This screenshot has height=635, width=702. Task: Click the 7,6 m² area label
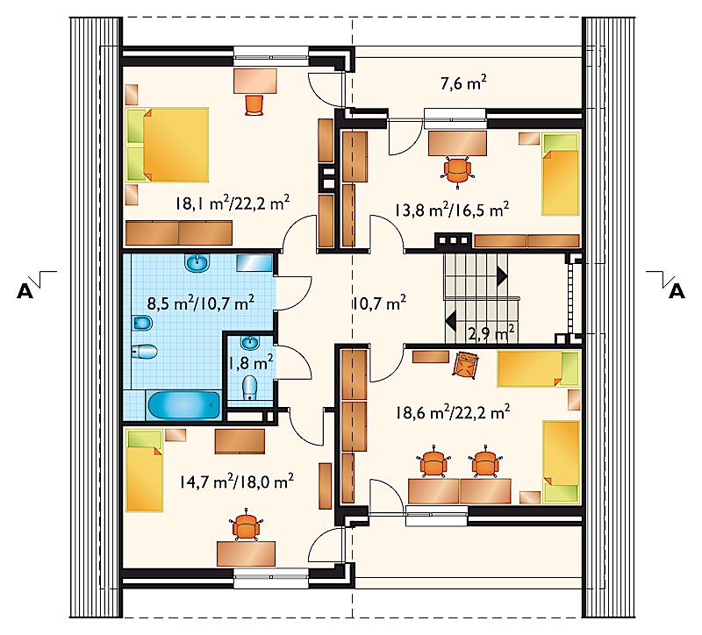tap(463, 83)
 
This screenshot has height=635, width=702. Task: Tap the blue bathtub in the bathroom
tap(184, 406)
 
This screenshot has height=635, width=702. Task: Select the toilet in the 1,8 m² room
tap(249, 388)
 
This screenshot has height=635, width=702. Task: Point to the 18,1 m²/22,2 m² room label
tap(233, 203)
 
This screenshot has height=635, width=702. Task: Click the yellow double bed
tap(168, 145)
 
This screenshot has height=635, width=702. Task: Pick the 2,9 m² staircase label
tap(491, 333)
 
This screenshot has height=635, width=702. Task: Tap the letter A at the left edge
tap(25, 291)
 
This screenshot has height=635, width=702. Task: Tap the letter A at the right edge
tap(677, 291)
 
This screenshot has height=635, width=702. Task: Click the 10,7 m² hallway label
tap(378, 303)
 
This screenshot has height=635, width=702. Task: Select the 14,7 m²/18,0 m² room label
tap(236, 482)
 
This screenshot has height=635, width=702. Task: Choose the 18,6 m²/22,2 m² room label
tap(453, 411)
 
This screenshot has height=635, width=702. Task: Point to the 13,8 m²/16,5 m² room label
tap(451, 209)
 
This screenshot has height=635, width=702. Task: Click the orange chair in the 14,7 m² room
tap(246, 524)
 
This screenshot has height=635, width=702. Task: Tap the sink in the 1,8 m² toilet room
tap(249, 343)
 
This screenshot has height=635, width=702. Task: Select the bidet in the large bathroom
tap(143, 322)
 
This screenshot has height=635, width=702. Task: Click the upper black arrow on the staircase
tap(502, 276)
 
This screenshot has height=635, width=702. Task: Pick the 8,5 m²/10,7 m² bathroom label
tap(201, 303)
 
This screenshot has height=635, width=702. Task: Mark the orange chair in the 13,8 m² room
tap(456, 168)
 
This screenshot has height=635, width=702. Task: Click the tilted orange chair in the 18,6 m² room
tap(466, 364)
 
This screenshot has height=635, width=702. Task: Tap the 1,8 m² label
tap(250, 362)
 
